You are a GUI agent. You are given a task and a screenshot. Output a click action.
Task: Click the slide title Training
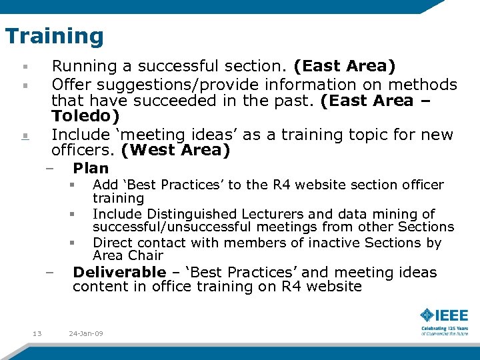tap(54, 36)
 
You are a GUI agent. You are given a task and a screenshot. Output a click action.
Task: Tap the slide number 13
tap(37, 333)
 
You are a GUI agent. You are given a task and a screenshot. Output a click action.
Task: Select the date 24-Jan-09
tap(86, 333)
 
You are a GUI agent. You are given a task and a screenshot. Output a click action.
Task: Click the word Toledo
tap(85, 117)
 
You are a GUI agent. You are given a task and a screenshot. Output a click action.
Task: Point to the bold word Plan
tap(91, 169)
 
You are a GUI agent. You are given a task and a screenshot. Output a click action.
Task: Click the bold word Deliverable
tap(119, 272)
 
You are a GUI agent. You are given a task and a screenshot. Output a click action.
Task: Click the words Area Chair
tap(128, 256)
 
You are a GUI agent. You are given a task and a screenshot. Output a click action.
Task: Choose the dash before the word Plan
tap(50, 169)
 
